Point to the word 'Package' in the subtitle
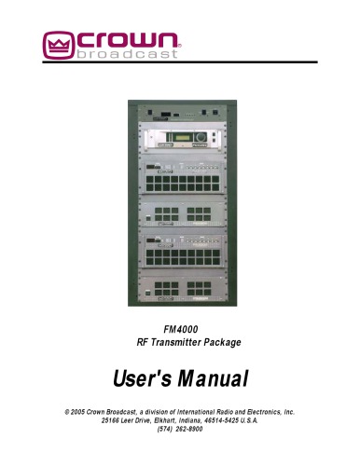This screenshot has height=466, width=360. [223, 343]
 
